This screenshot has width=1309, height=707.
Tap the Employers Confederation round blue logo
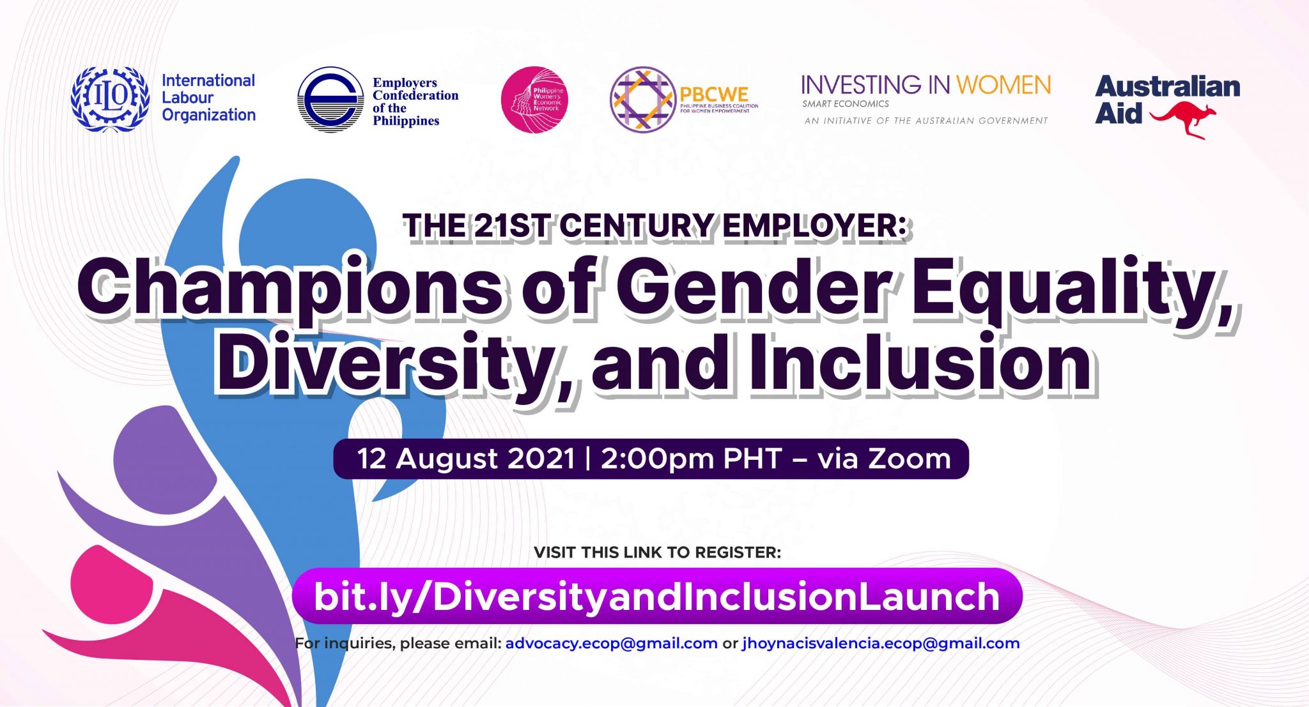point(330,100)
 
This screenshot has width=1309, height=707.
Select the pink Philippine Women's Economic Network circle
point(534,100)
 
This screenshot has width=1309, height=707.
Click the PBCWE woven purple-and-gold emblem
point(642,100)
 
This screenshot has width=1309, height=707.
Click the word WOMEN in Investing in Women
point(1003,85)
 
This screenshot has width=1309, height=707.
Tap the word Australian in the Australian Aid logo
point(1167,87)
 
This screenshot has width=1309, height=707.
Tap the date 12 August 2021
point(467,459)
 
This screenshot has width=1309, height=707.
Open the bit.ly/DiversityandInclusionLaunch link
point(656,596)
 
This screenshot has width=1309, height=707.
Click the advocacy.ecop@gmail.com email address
point(611,643)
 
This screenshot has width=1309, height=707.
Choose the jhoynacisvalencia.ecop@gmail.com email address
point(881,643)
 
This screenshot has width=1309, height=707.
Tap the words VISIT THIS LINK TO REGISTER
point(657,552)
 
